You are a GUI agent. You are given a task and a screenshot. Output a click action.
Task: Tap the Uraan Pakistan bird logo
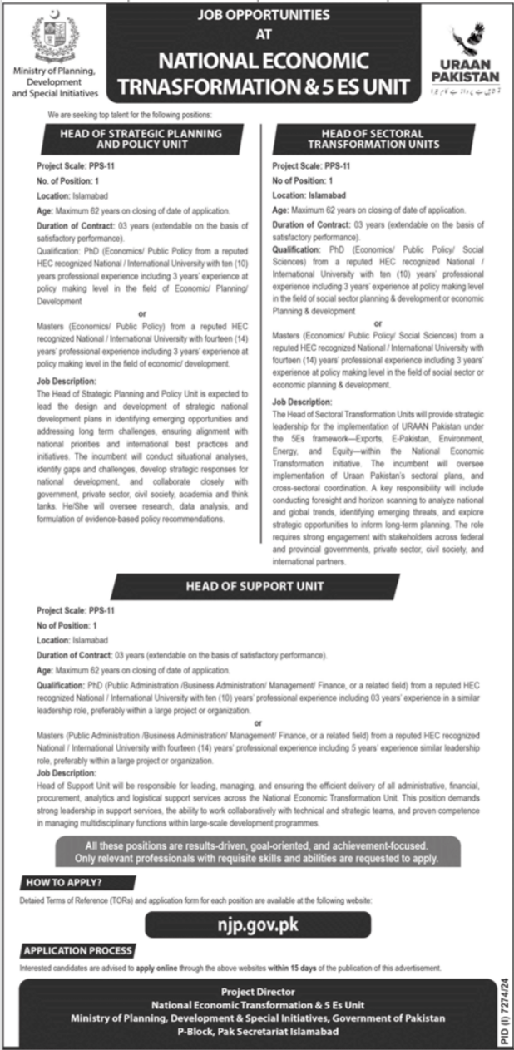pyautogui.click(x=467, y=42)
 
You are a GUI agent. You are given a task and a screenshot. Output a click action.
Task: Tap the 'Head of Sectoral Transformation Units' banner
pyautogui.click(x=372, y=137)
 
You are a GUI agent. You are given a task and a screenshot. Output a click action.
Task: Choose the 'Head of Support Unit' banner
pyautogui.click(x=255, y=587)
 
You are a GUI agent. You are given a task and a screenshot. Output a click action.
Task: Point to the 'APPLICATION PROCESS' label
pyautogui.click(x=78, y=950)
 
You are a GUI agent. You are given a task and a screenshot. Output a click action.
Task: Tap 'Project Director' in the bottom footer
pyautogui.click(x=258, y=991)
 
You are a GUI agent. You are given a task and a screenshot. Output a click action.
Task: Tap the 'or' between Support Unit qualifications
pyautogui.click(x=257, y=723)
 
